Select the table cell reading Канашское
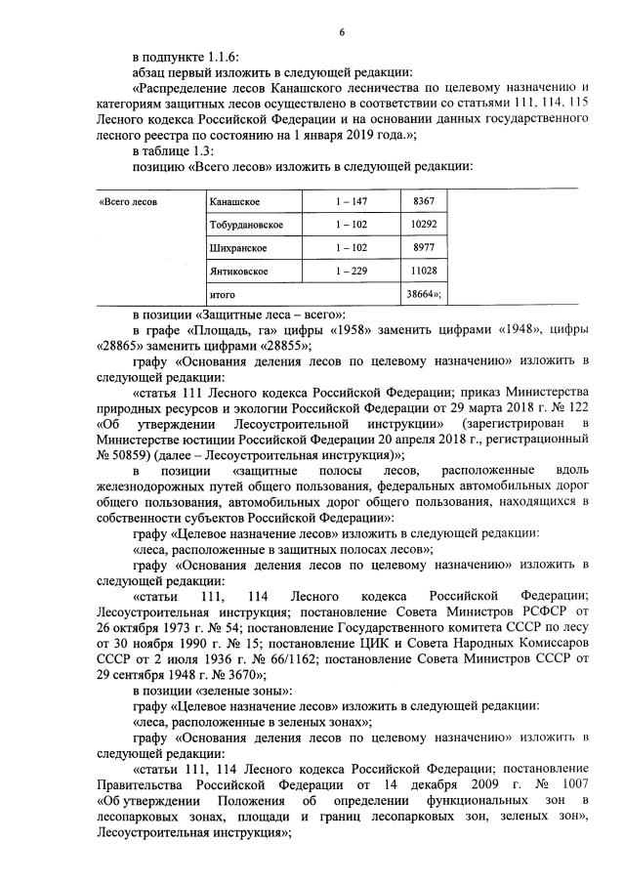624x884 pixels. [x=234, y=201]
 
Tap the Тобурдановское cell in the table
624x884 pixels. [x=246, y=225]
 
